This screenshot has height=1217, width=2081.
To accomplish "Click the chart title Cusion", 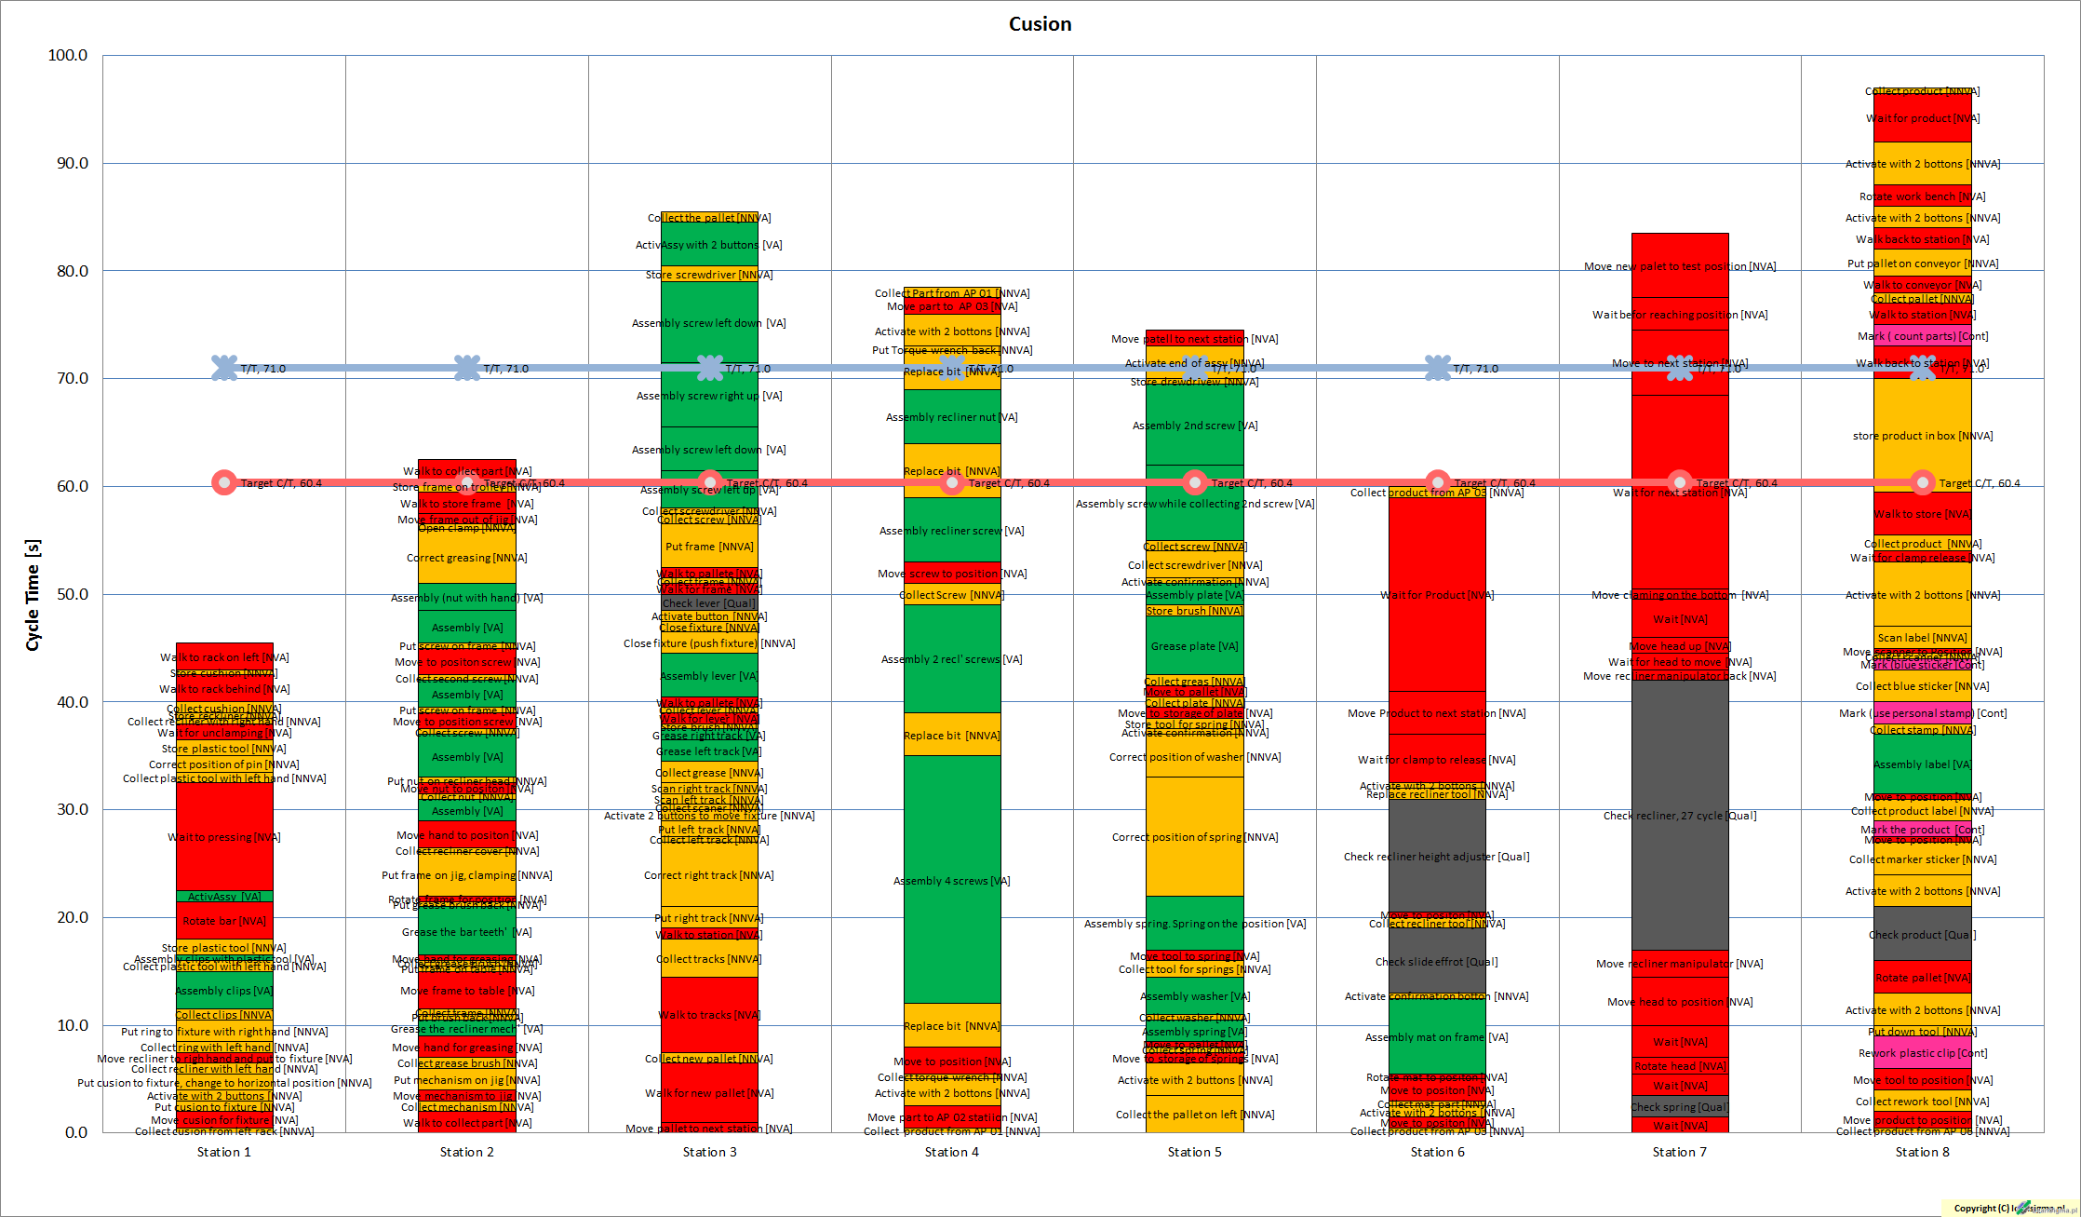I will [1040, 24].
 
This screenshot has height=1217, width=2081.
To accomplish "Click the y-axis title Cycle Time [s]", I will [33, 595].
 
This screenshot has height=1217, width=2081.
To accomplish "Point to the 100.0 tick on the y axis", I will [68, 56].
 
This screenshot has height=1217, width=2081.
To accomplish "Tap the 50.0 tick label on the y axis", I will [68, 594].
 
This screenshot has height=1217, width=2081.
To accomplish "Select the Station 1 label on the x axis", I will [224, 1153].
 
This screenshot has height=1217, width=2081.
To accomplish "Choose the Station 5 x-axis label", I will [1194, 1153].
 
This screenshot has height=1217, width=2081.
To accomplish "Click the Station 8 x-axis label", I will [1922, 1153].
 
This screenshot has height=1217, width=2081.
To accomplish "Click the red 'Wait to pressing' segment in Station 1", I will [224, 837].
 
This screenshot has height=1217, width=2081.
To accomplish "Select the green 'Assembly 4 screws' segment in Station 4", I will [951, 880].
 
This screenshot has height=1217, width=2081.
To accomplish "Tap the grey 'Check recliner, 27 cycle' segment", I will [1680, 816].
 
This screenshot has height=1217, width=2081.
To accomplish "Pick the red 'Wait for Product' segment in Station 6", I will [1437, 595].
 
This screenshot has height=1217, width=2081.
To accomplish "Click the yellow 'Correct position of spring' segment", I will [1194, 836].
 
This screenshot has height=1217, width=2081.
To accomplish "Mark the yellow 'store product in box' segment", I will [1922, 435].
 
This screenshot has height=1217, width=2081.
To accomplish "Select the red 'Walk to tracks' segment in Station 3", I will [709, 1015].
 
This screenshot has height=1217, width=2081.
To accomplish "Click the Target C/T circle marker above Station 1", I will [223, 482].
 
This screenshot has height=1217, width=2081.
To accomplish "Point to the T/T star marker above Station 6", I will [1437, 368].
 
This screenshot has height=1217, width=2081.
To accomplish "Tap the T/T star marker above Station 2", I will [467, 368].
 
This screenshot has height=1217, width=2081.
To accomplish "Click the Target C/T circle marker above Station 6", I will [1437, 482].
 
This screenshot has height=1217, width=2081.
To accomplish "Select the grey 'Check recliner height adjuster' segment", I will [1437, 856].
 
